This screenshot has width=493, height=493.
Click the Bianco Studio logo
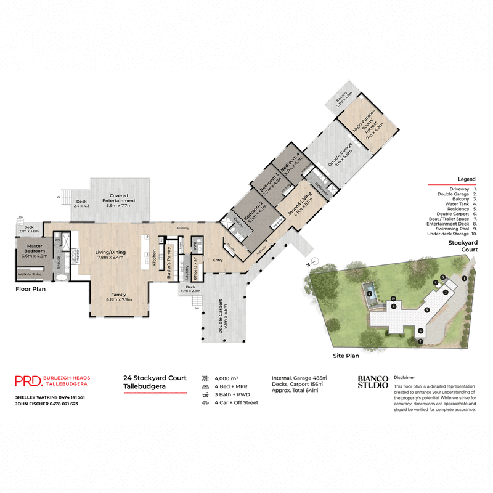point(373,381)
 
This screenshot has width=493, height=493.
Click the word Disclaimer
point(404,376)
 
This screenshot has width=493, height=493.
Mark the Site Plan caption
point(346,355)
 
